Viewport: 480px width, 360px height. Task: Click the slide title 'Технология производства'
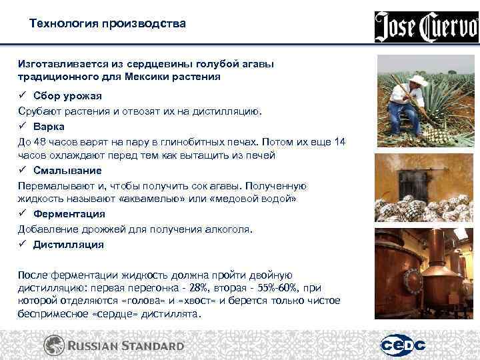tap(108, 24)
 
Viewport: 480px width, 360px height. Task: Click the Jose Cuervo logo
tap(426, 27)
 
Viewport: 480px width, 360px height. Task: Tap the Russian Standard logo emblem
tap(54, 345)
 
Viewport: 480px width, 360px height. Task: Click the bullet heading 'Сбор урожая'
tap(67, 96)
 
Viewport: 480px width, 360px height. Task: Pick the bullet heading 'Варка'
tap(49, 126)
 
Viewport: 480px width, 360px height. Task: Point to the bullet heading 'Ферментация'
tap(69, 214)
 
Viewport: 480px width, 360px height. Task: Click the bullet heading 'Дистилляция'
tap(68, 244)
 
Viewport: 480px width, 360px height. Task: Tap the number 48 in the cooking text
tap(40, 141)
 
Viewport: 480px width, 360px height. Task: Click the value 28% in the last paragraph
tap(199, 287)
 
